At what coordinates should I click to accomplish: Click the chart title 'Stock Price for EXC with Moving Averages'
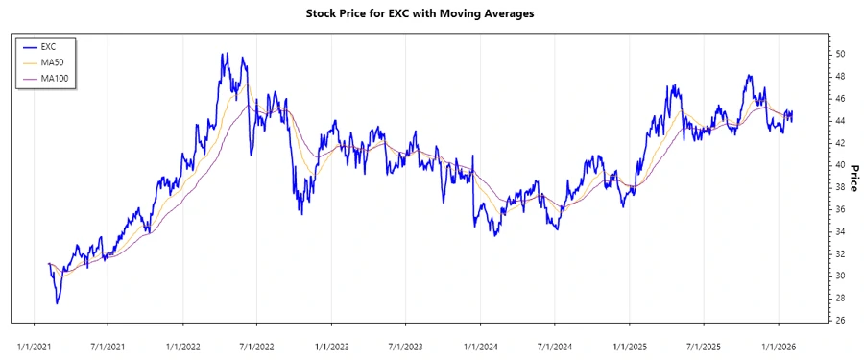[432, 13]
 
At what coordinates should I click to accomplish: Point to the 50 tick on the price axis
[839, 53]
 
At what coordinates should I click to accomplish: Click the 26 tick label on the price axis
[839, 321]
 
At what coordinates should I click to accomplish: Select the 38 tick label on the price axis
[839, 187]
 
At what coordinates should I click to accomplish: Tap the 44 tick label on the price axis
[839, 120]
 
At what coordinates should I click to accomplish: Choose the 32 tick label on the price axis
[839, 253]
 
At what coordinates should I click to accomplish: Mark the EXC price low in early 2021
[57, 303]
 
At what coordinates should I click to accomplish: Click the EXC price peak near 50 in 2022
[223, 54]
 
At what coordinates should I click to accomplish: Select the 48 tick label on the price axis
[839, 76]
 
